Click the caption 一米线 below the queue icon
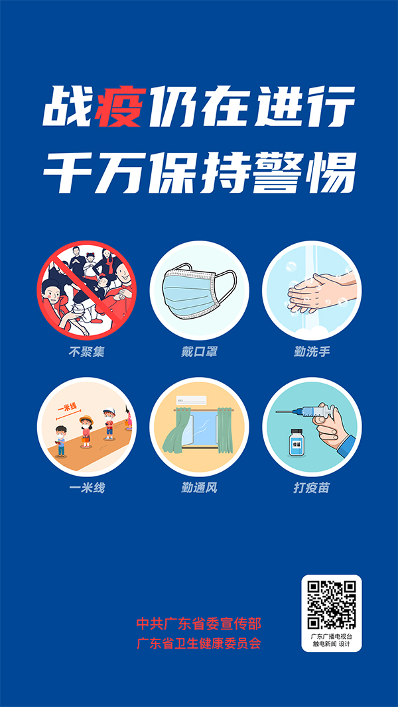point(86,488)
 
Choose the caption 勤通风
point(199,488)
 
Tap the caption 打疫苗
point(312,488)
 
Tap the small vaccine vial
point(292,443)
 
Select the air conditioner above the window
point(192,400)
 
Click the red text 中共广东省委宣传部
point(199,624)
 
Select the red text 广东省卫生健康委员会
point(199,643)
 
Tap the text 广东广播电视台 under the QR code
point(332,636)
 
